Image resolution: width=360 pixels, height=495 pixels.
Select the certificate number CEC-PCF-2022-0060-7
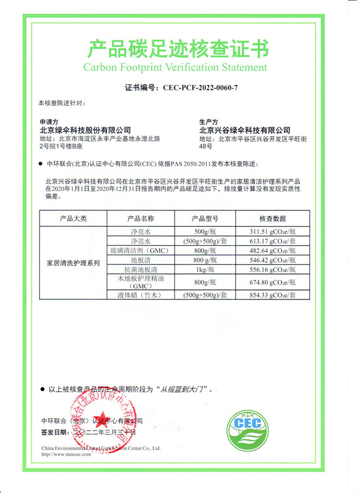click(201, 87)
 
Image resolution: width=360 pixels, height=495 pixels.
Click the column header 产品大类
click(73, 219)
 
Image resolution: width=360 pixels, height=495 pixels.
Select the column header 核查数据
click(272, 219)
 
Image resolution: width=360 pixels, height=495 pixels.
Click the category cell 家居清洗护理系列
click(73, 262)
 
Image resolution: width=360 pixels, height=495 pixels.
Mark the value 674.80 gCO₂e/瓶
click(272, 282)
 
